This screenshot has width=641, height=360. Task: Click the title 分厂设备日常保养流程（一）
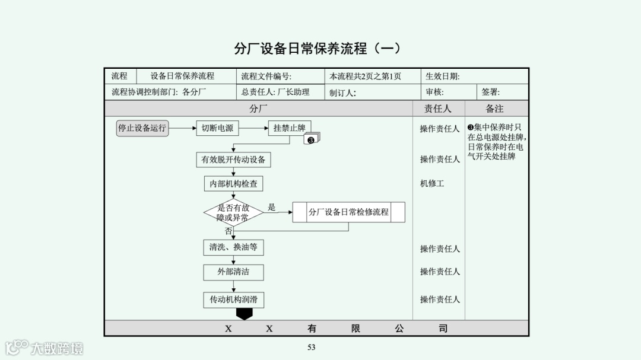tap(318, 48)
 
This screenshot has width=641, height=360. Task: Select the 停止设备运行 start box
tap(142, 128)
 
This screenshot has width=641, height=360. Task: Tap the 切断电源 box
tap(217, 128)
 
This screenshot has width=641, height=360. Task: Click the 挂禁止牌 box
tap(289, 128)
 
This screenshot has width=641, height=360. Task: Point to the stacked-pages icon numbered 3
tap(312, 139)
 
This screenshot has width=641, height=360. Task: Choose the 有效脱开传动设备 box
tap(233, 160)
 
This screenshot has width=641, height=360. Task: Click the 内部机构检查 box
tap(233, 184)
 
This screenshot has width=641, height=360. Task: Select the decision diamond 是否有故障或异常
tap(233, 212)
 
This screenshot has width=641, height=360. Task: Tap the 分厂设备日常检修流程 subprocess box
tap(348, 212)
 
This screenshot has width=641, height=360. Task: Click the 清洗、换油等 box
tap(233, 247)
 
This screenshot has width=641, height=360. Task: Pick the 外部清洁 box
tap(233, 272)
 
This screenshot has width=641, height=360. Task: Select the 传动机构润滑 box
tap(233, 300)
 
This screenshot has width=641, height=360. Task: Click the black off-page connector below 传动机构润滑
tap(244, 314)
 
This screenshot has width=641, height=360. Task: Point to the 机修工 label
tap(432, 184)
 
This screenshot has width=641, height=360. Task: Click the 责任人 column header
tap(438, 109)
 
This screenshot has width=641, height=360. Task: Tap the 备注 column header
tap(494, 109)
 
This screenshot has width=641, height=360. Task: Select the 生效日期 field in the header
tap(442, 77)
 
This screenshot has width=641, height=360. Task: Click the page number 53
tap(312, 348)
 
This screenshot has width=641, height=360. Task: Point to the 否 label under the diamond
tap(228, 231)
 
